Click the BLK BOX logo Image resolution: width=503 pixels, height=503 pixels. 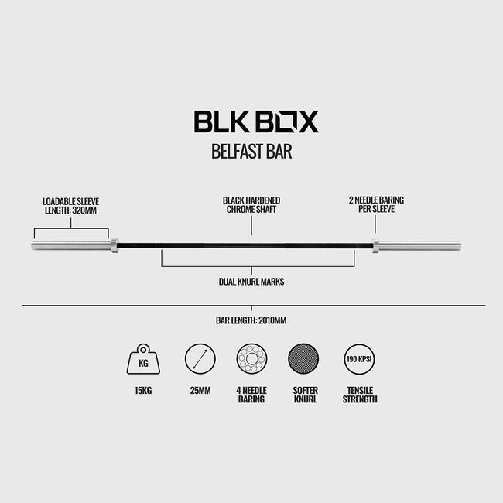click(256, 121)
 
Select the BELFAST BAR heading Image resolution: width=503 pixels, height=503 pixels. click(251, 152)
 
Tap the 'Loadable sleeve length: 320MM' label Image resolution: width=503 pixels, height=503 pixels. click(71, 206)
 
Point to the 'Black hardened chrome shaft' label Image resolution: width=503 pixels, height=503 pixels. click(251, 205)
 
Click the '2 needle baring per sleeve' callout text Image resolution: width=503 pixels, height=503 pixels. click(376, 204)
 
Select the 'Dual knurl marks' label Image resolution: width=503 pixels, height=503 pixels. click(251, 282)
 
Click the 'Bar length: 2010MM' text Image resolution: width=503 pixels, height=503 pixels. click(251, 320)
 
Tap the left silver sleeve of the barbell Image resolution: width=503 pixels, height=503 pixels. click(71, 246)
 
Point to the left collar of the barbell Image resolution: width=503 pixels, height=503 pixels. click(115, 246)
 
